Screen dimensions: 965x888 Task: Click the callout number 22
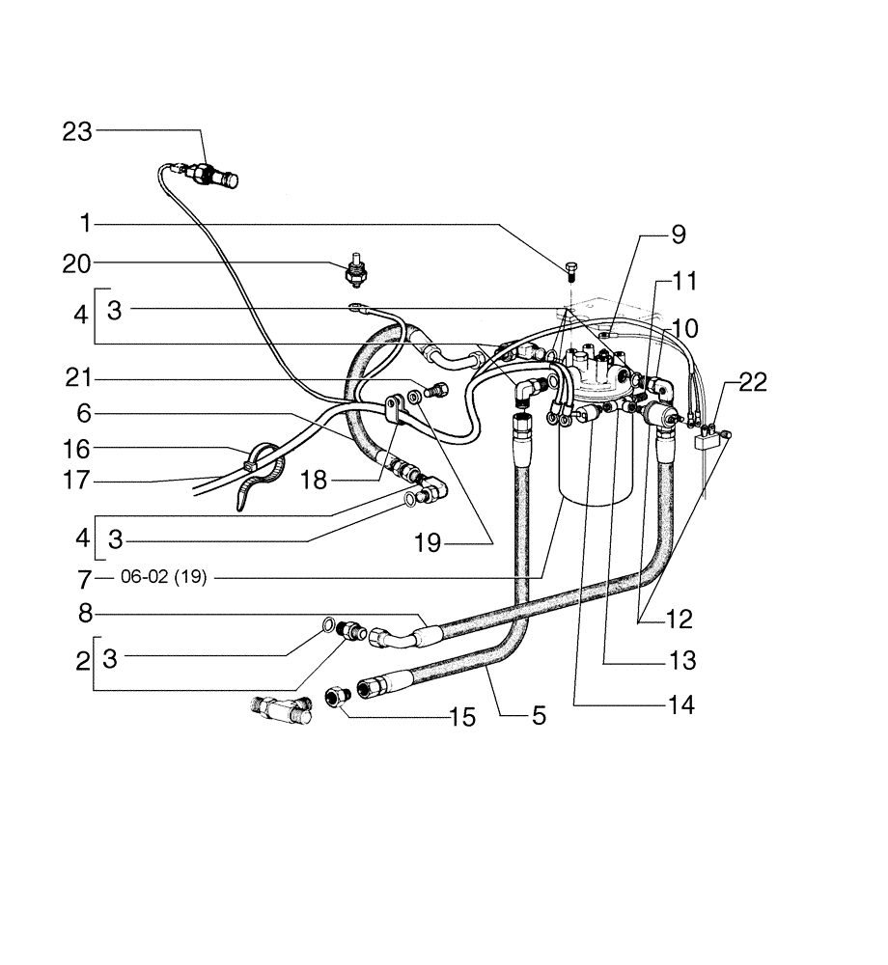[753, 382]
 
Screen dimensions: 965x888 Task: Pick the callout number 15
[463, 718]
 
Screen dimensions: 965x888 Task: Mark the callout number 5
[538, 715]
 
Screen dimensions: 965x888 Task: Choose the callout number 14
[680, 705]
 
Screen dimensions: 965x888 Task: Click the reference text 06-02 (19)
[164, 579]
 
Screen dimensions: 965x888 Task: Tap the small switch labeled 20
[355, 271]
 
